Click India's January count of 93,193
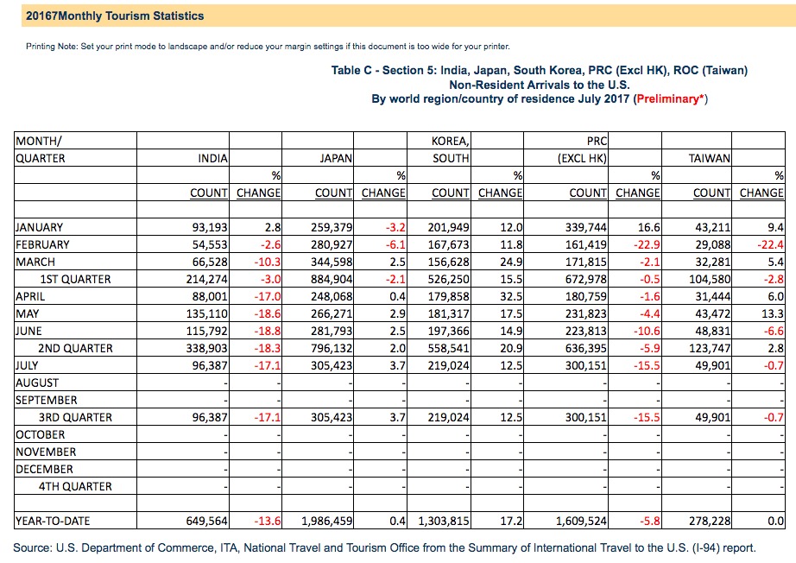[210, 227]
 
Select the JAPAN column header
[336, 158]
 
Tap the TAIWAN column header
[709, 158]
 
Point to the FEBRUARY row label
[42, 244]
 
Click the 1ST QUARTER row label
[75, 279]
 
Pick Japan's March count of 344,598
[332, 262]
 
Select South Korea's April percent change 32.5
[511, 296]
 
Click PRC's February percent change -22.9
[647, 244]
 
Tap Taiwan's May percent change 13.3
[773, 313]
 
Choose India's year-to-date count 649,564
[206, 521]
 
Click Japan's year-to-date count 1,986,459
[327, 521]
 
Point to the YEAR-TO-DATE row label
[53, 521]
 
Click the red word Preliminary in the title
[667, 99]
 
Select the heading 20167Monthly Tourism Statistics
[115, 16]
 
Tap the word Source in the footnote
[31, 548]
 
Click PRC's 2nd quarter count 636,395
[586, 348]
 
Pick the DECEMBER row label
[44, 469]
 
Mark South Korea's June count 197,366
[448, 331]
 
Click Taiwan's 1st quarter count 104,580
[710, 279]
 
